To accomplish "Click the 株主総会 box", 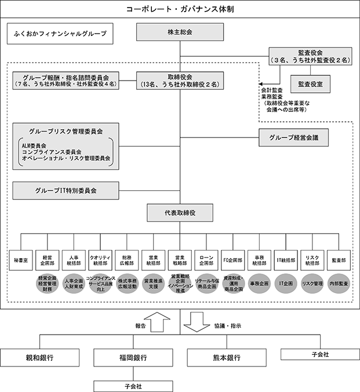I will click(x=180, y=32).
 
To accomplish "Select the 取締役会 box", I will click(x=180, y=80).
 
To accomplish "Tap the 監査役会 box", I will click(x=310, y=56).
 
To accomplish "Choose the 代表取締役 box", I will click(x=180, y=213).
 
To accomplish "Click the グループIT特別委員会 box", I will click(x=66, y=190).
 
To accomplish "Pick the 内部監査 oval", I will click(x=339, y=284).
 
